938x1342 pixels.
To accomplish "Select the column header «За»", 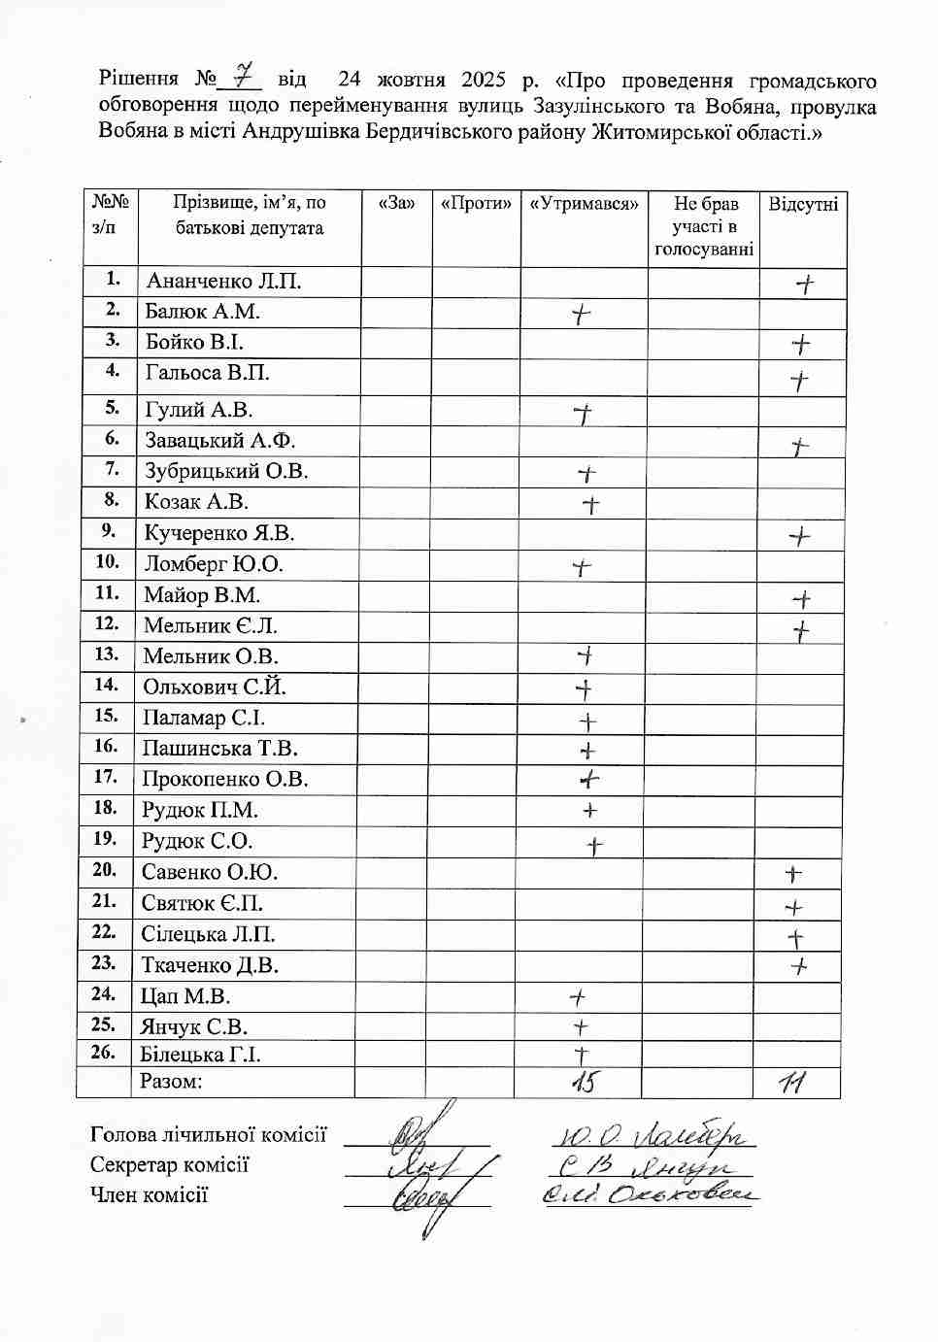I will click(395, 203).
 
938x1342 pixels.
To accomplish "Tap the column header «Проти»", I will click(476, 203).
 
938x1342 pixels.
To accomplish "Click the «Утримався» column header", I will click(584, 203).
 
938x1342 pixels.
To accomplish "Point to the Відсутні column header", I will click(803, 203).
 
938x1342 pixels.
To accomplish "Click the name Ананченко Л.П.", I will click(223, 282).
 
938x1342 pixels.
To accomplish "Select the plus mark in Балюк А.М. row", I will click(580, 314).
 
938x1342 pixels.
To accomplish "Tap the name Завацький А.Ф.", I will click(219, 440).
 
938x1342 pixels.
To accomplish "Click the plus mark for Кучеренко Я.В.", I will click(799, 536).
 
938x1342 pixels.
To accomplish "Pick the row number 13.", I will click(107, 654).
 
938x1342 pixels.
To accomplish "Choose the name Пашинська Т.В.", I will click(219, 749).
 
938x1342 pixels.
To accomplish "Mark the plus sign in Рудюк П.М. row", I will click(588, 811).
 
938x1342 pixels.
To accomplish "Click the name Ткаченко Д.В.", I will click(210, 965).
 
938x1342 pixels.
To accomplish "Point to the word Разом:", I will click(171, 1082).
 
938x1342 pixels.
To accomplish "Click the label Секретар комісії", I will click(170, 1165).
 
